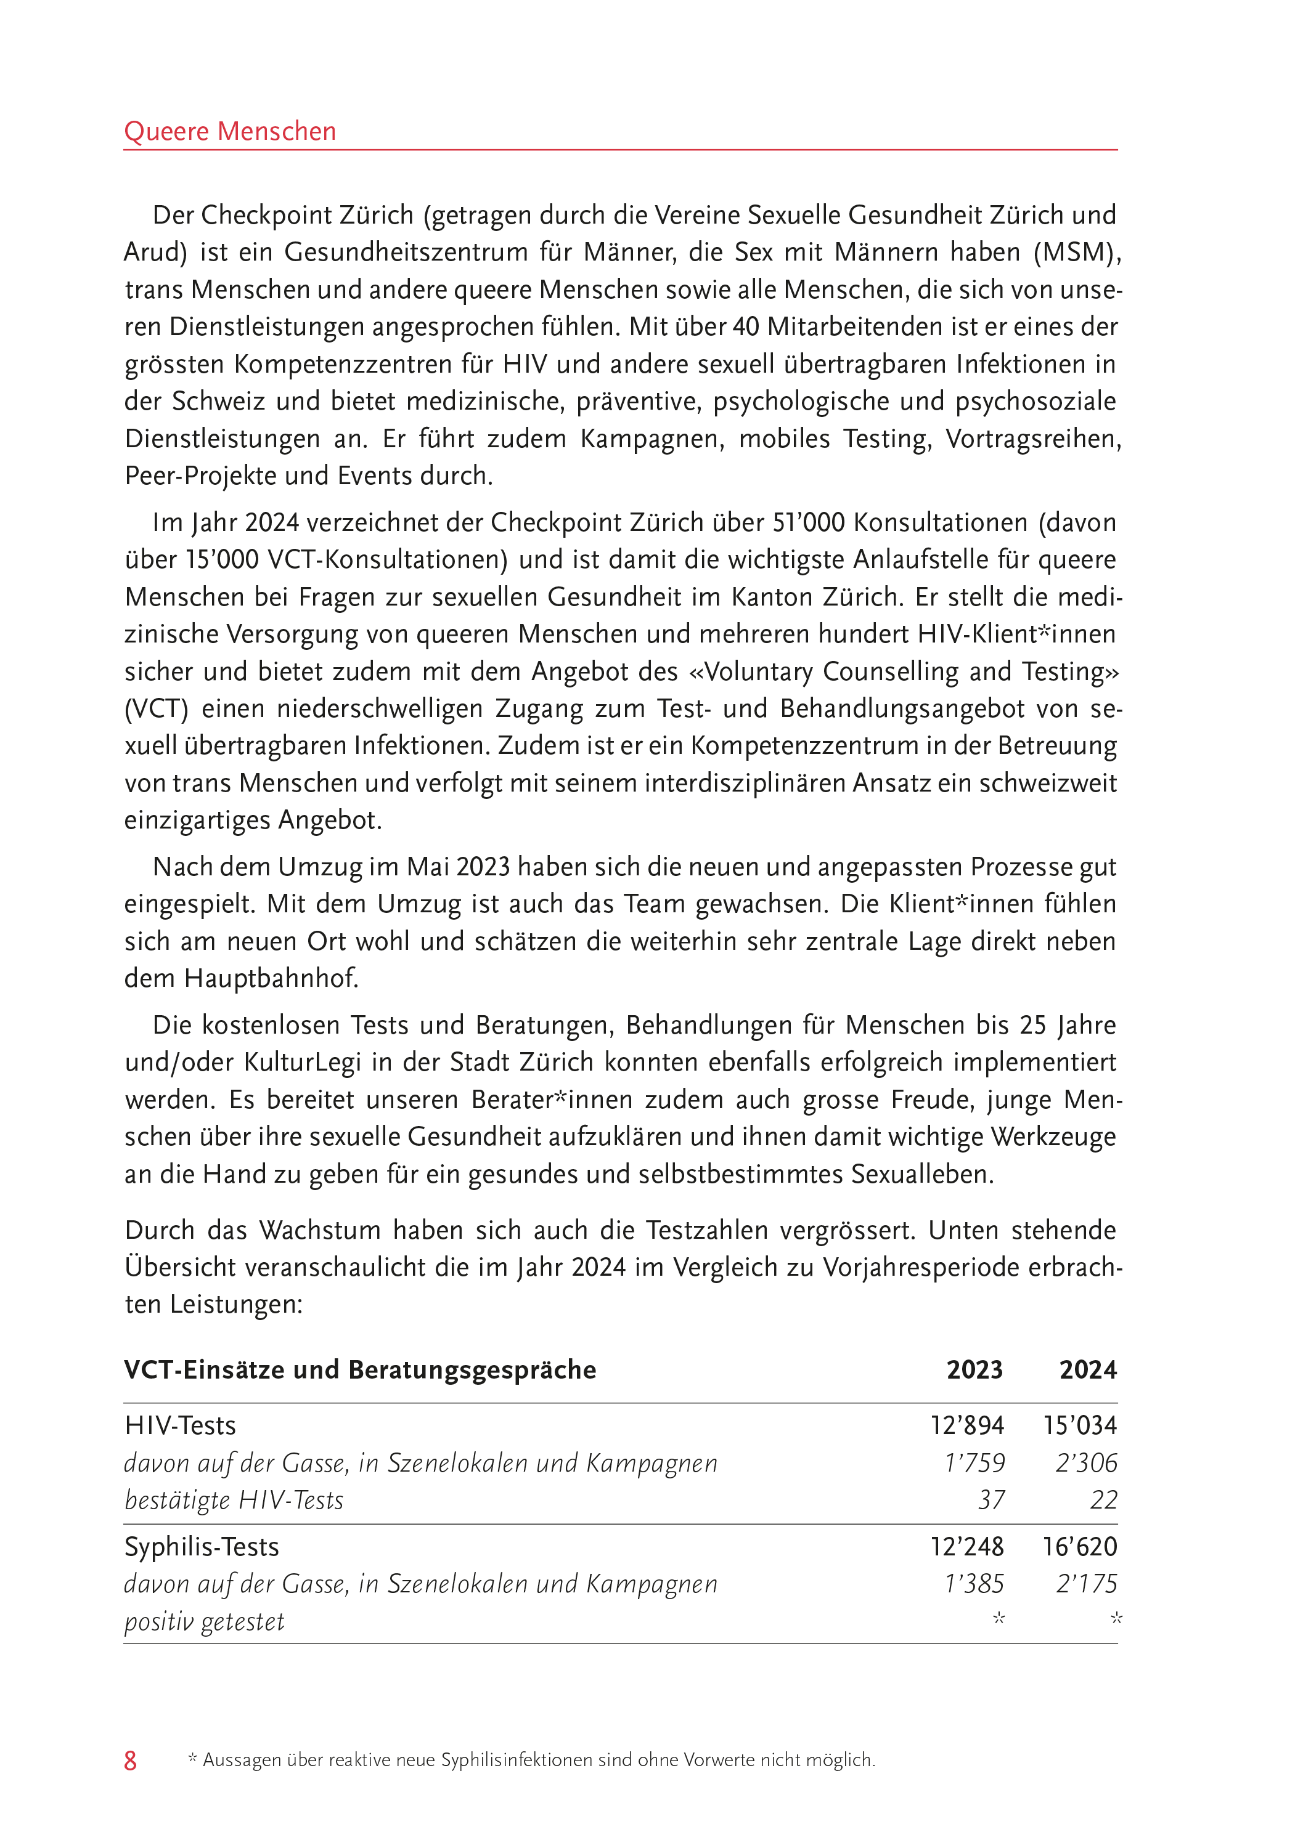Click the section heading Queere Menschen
229,131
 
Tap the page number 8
131,1761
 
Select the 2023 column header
974,1370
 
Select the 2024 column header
1087,1370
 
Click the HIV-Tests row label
181,1425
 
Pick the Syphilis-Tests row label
202,1546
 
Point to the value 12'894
966,1425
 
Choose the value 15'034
1080,1425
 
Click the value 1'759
974,1462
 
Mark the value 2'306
1087,1462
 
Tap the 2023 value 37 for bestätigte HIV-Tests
991,1499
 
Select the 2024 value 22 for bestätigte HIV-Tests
1103,1499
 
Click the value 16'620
1080,1546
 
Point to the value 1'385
974,1583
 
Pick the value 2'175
1087,1583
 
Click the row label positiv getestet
205,1621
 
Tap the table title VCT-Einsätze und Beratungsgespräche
360,1370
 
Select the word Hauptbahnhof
271,978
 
